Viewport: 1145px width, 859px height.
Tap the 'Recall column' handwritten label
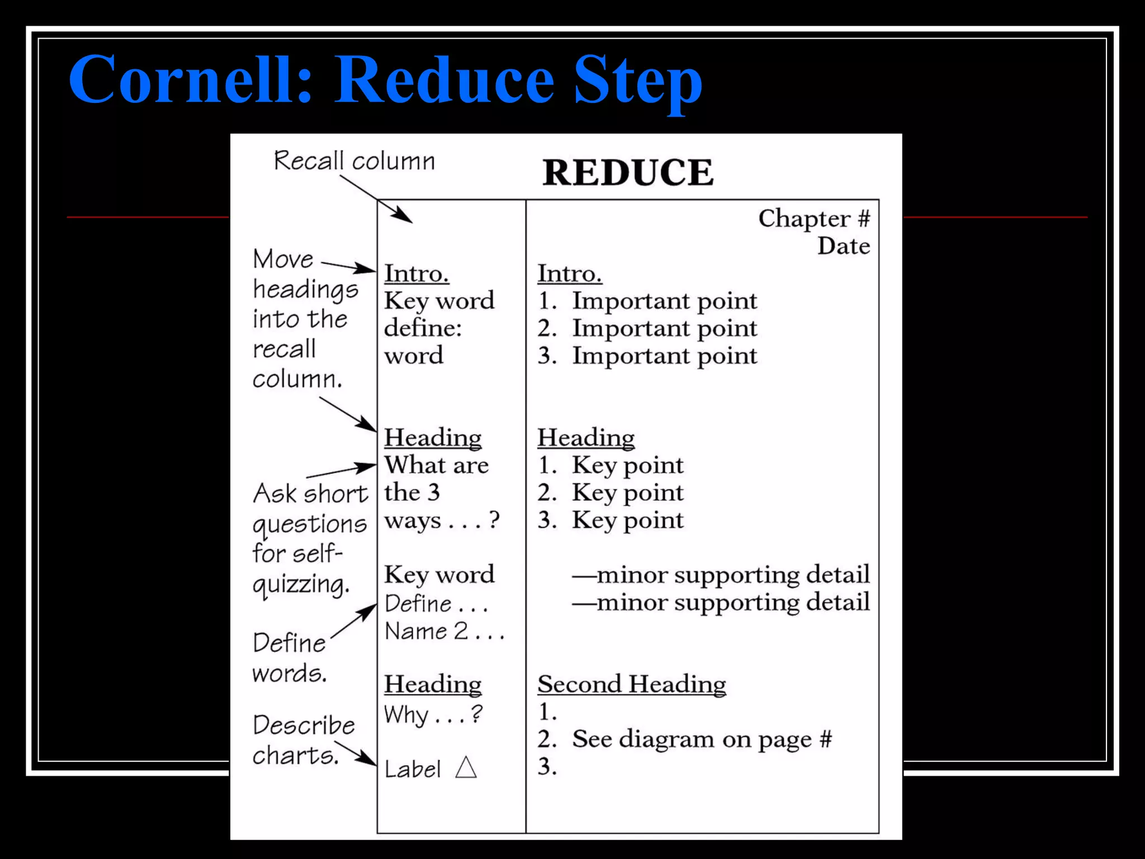[x=354, y=161]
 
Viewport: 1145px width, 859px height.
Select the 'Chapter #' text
[x=813, y=219]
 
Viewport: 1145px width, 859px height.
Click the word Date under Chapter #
[x=843, y=246]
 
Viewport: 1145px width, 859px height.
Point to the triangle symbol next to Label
[x=466, y=767]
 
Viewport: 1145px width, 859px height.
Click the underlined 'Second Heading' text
[x=632, y=685]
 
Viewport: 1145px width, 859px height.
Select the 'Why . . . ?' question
[x=433, y=715]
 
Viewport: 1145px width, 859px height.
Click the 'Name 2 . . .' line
[x=444, y=631]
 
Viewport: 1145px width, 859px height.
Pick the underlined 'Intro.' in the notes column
[x=570, y=273]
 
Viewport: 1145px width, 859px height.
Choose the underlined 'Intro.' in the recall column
[x=417, y=273]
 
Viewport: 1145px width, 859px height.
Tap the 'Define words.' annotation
[x=290, y=658]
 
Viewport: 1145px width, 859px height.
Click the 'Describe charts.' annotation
[x=302, y=740]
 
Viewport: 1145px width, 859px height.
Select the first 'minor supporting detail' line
[x=721, y=575]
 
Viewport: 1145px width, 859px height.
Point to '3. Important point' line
[x=647, y=356]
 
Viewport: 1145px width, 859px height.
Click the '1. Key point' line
[x=611, y=465]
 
